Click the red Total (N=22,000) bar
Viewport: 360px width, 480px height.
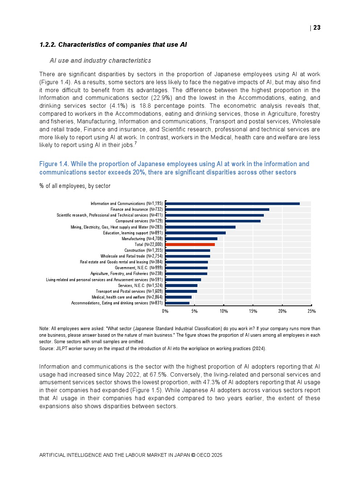pyautogui.click(x=190, y=245)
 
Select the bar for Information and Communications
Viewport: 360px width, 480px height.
pyautogui.click(x=232, y=204)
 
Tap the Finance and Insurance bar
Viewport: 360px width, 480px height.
pyautogui.click(x=217, y=209)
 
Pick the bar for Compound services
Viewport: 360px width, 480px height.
pyautogui.click(x=213, y=221)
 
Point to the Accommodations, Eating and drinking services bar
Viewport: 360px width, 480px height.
pyautogui.click(x=177, y=303)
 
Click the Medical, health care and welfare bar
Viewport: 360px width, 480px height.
pyautogui.click(x=178, y=297)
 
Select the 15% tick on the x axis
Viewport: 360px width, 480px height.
pyautogui.click(x=253, y=311)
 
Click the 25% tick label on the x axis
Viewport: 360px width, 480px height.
pyautogui.click(x=311, y=311)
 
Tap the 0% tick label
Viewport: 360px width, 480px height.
pyautogui.click(x=165, y=311)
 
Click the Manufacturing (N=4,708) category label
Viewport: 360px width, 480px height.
pyautogui.click(x=142, y=239)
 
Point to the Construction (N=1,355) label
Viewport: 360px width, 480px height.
pyautogui.click(x=143, y=250)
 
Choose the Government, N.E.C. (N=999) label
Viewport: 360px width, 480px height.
pyautogui.click(x=139, y=268)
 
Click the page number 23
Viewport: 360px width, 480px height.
pyautogui.click(x=317, y=28)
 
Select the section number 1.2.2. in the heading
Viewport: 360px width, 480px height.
pyautogui.click(x=48, y=45)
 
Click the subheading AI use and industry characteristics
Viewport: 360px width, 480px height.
pyautogui.click(x=100, y=61)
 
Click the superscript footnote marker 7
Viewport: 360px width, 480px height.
pyautogui.click(x=135, y=143)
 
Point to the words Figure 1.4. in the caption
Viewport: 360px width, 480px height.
pyautogui.click(x=54, y=164)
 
